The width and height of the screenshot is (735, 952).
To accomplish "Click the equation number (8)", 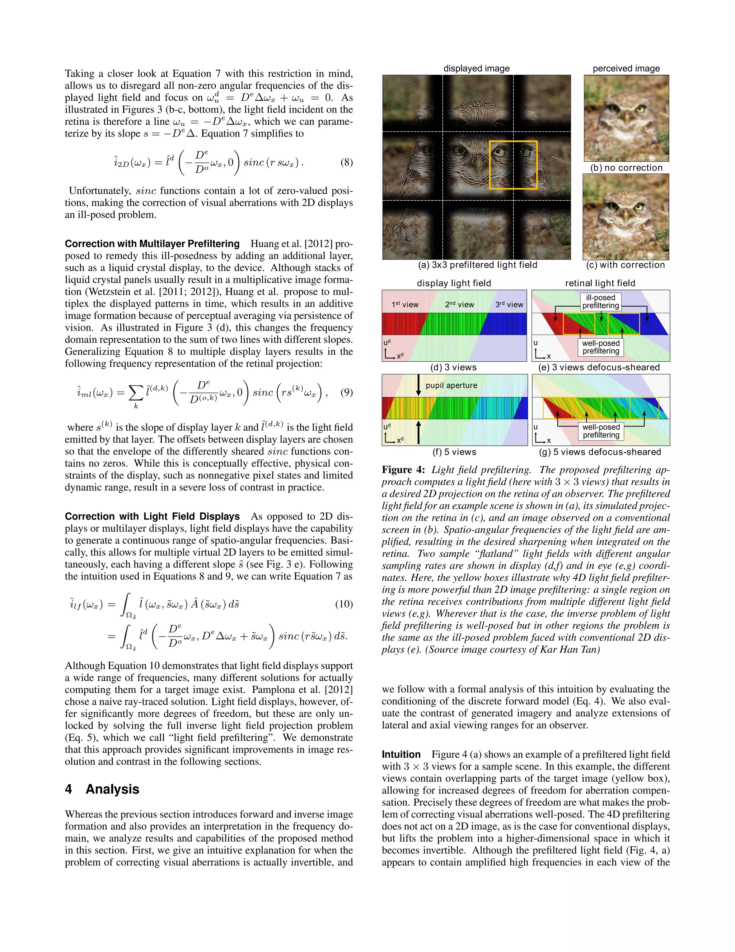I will tap(346, 163).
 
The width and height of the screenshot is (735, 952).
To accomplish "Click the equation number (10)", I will tap(343, 604).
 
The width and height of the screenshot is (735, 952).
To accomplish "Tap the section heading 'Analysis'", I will tap(112, 789).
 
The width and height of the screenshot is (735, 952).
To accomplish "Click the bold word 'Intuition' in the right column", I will tap(401, 754).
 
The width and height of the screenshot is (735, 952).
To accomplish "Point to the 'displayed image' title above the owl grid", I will tap(476, 68).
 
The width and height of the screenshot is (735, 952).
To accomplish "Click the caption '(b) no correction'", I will tap(626, 168).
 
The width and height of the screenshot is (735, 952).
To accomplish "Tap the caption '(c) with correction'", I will tap(626, 265).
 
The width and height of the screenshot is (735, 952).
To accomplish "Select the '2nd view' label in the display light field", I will tap(459, 305).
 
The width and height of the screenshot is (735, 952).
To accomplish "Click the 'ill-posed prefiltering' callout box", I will tap(600, 302).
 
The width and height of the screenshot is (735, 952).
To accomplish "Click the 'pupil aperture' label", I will tap(451, 385).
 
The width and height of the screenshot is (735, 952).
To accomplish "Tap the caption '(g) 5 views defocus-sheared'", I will tap(600, 452).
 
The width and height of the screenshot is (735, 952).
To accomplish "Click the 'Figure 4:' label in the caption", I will tap(403, 470).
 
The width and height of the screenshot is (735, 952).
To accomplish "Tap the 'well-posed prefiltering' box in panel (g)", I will tap(601, 431).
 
